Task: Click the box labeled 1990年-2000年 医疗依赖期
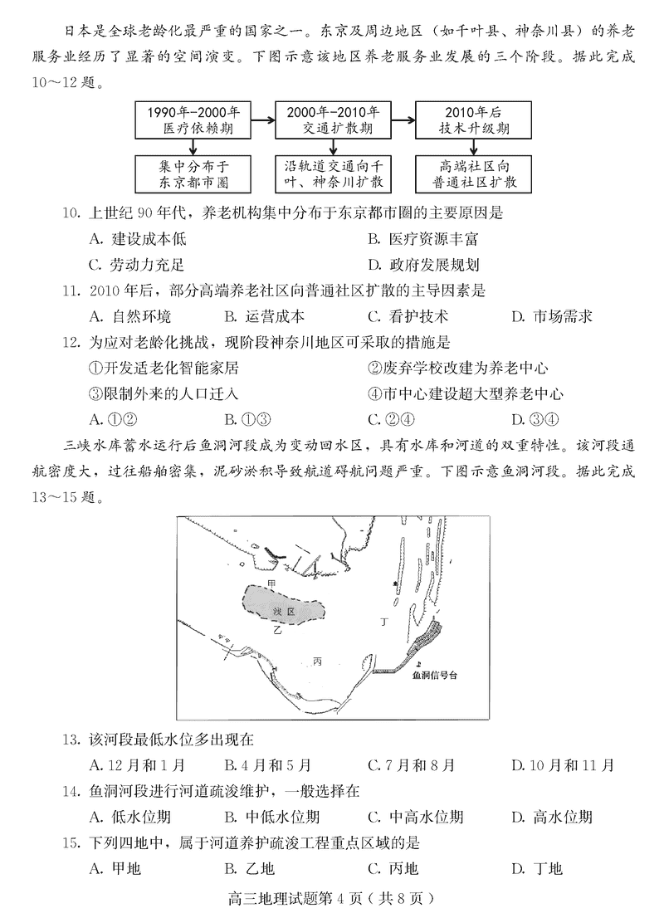tap(193, 120)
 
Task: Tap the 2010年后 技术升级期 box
tap(474, 120)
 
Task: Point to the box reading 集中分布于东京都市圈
tap(193, 173)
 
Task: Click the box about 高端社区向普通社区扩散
tap(474, 173)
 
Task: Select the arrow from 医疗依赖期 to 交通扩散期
tap(263, 121)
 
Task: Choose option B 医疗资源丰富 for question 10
tap(423, 240)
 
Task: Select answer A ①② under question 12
tap(111, 418)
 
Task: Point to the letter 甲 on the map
tap(271, 584)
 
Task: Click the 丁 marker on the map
tap(383, 621)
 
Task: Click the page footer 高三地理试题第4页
tap(332, 897)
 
